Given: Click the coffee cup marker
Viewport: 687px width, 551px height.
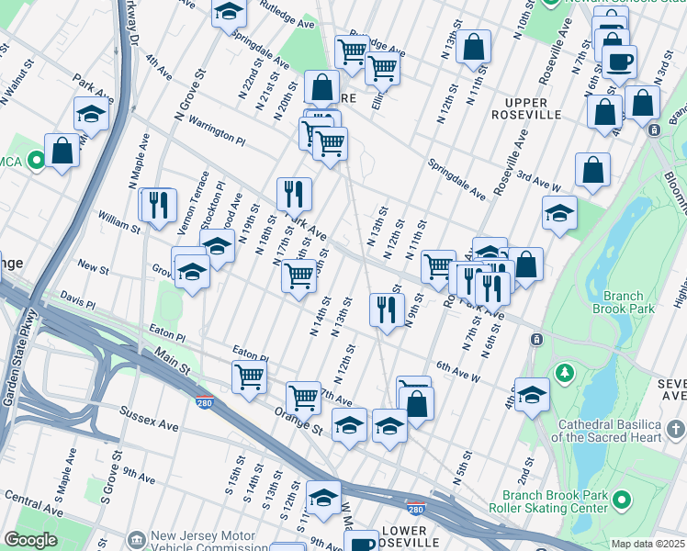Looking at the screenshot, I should point(620,62).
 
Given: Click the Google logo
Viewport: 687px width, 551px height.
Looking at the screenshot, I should point(30,540).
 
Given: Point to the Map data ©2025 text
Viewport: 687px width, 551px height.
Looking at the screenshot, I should point(648,544).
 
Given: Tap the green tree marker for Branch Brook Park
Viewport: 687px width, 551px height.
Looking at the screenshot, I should point(563,372).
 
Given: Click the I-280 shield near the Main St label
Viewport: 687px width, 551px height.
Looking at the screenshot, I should point(205,401).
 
